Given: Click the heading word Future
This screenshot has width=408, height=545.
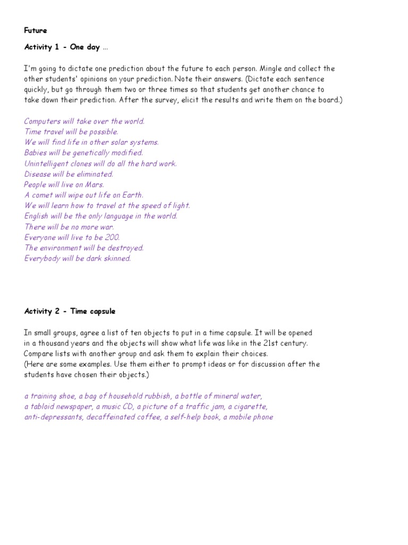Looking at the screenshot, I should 36,30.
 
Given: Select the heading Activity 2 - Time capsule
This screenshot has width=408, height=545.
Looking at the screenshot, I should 70,311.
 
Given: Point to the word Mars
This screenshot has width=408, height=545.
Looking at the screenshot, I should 93,185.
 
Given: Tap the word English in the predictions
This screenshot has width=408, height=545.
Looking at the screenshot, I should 36,216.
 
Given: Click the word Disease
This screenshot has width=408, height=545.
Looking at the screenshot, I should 38,174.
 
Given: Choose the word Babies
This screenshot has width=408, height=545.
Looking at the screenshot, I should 36,153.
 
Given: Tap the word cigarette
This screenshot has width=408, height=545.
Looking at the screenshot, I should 248,407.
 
